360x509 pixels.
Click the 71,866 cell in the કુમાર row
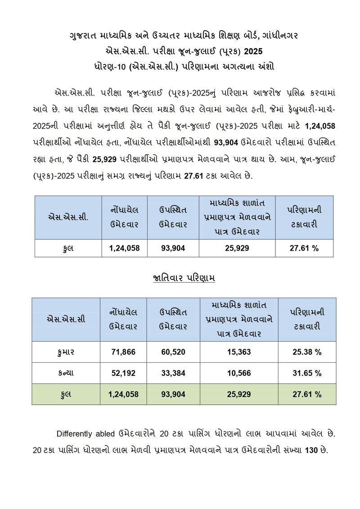[123, 352]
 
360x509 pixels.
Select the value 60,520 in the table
[173, 352]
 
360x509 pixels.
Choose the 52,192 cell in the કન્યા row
[123, 373]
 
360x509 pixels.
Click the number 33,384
[173, 373]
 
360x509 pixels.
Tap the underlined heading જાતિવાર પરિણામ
[183, 278]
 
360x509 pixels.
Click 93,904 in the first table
[173, 248]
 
